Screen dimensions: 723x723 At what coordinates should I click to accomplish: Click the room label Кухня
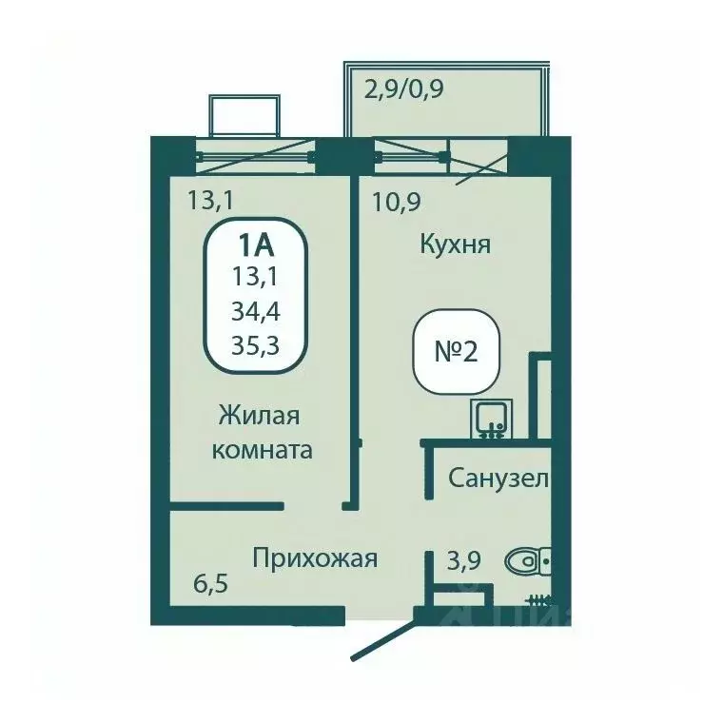[455, 244]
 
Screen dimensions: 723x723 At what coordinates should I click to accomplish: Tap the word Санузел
[498, 479]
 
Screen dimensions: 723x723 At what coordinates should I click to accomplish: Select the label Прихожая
[315, 557]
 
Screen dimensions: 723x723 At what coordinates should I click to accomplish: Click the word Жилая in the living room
[260, 416]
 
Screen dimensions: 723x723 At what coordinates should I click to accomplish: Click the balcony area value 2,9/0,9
[404, 91]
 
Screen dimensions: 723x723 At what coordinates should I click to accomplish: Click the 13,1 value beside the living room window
[210, 200]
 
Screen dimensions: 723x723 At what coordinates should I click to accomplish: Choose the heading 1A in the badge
[256, 245]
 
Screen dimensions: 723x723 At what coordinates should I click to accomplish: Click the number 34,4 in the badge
[256, 310]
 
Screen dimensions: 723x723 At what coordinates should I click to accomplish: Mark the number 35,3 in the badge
[256, 343]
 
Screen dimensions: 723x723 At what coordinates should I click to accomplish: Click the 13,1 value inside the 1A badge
[256, 278]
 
